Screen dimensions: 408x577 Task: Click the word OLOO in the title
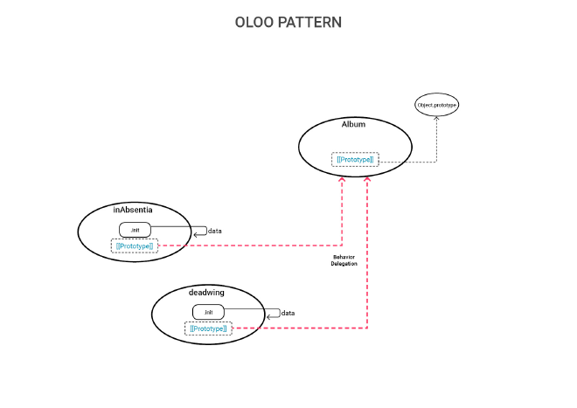254,22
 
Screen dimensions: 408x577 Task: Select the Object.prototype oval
436,105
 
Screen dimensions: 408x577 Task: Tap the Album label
353,124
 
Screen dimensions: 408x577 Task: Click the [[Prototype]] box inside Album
355,159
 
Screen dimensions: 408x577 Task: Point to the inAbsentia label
133,210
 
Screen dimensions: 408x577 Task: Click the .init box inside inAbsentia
135,230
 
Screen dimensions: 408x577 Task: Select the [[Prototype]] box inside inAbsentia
135,246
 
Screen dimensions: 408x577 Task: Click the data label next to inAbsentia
215,232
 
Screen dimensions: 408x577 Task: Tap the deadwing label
206,292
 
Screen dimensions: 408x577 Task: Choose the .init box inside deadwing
208,312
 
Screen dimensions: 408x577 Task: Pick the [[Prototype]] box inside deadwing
208,328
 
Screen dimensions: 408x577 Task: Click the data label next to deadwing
288,313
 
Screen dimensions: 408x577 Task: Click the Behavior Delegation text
344,260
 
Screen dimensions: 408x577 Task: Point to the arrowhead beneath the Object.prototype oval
436,117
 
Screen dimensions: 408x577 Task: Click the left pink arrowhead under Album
342,179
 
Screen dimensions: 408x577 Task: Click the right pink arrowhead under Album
367,179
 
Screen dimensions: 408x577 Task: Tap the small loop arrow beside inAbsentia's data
200,232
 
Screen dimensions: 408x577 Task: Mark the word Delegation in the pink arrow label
344,264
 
